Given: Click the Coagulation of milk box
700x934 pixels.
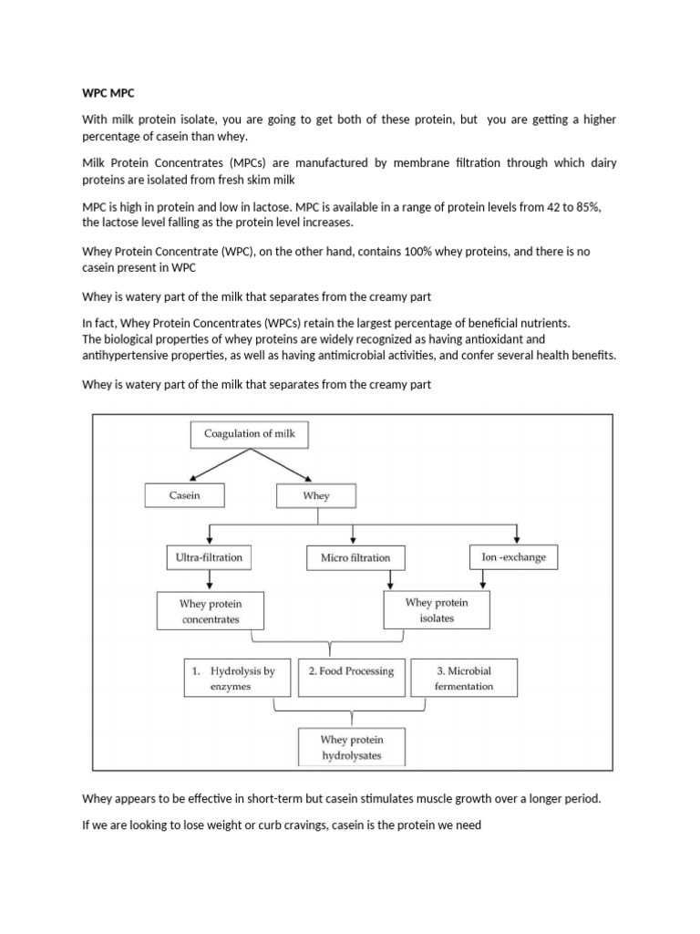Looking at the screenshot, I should tap(250, 434).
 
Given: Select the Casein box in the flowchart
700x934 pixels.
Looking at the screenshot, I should tap(184, 494).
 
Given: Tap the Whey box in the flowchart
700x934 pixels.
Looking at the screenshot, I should tap(316, 495).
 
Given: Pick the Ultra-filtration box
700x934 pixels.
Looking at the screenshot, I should tap(210, 556).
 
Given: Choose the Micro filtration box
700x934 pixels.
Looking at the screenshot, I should tap(355, 557).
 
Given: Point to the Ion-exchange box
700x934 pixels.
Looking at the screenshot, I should tap(513, 556).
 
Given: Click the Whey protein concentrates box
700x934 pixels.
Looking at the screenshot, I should tap(210, 611).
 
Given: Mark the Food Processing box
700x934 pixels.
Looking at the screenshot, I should tap(351, 671).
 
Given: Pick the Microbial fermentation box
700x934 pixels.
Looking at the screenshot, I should tap(464, 678).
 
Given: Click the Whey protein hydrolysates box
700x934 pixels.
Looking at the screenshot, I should tap(351, 747).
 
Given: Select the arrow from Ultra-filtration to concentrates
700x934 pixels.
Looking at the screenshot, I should tap(211, 580).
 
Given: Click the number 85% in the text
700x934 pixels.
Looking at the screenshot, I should tap(588, 207).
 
